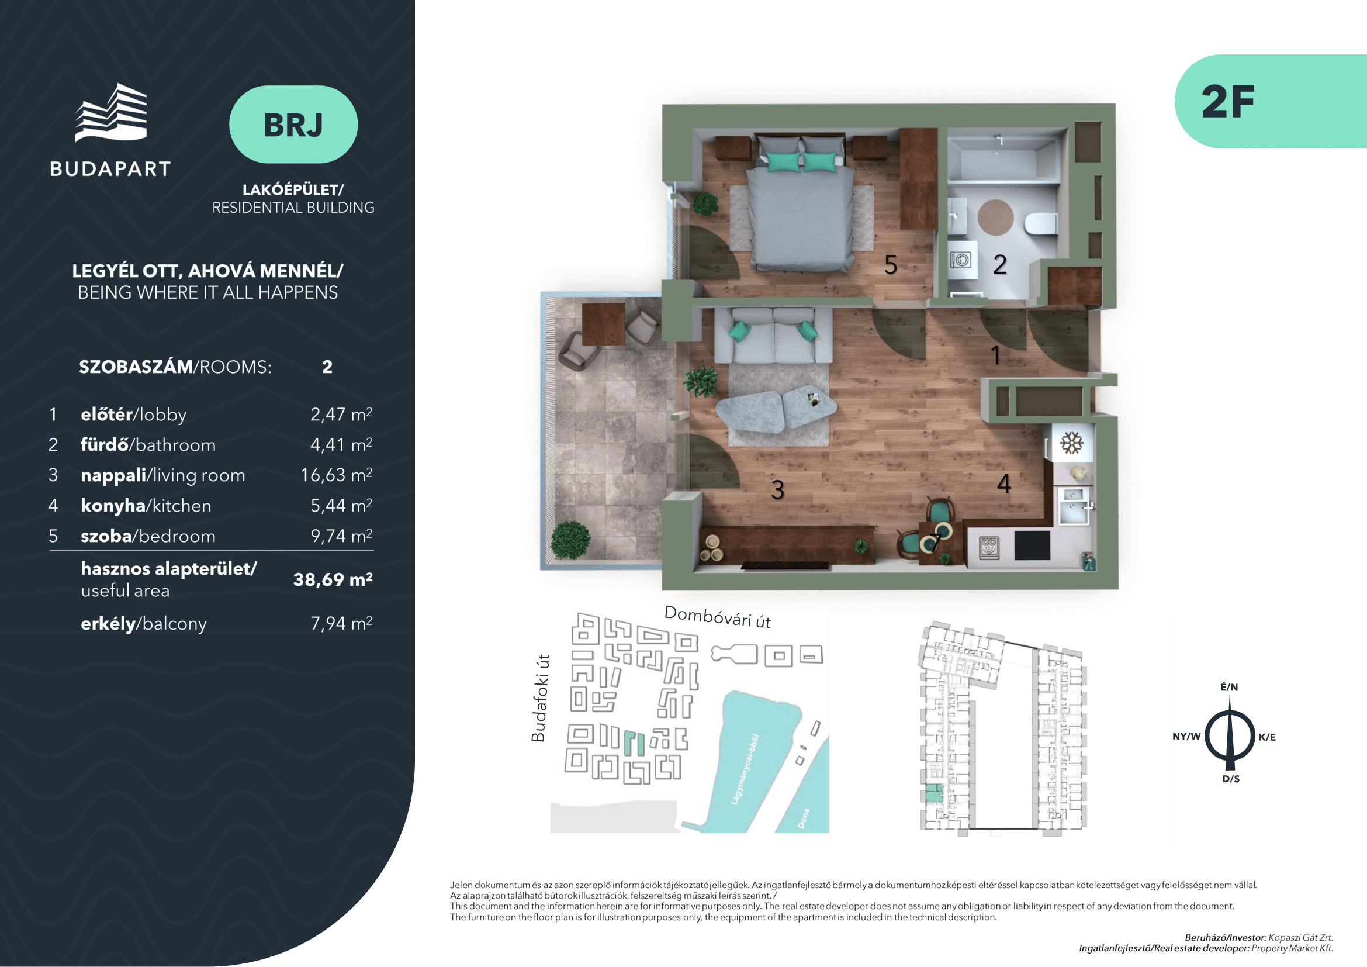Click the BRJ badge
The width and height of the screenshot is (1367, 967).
coord(293,125)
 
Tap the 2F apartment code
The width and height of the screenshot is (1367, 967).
coord(1228,102)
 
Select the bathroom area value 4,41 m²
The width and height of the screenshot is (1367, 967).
coord(341,444)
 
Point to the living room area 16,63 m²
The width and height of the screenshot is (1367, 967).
coord(337,475)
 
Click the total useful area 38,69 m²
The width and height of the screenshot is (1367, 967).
coord(333,579)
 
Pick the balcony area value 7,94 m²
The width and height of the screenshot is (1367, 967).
coord(341,623)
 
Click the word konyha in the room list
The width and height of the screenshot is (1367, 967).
coord(113,506)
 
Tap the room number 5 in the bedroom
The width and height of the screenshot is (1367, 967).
coord(891,265)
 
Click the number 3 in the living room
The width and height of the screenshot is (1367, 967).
coord(777,490)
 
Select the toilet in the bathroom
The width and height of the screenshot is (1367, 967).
coord(1040,225)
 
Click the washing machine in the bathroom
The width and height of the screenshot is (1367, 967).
coord(960,260)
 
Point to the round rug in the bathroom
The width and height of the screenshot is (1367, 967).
coord(995,217)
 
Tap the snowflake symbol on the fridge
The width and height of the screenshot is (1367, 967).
coord(1071,444)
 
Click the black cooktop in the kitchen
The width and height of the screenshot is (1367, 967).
coord(1032,545)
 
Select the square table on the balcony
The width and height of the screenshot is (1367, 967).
coord(603,324)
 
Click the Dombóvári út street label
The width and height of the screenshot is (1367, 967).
coord(718,617)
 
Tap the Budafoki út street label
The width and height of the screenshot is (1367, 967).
coord(539,698)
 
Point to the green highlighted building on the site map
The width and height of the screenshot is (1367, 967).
coord(634,744)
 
